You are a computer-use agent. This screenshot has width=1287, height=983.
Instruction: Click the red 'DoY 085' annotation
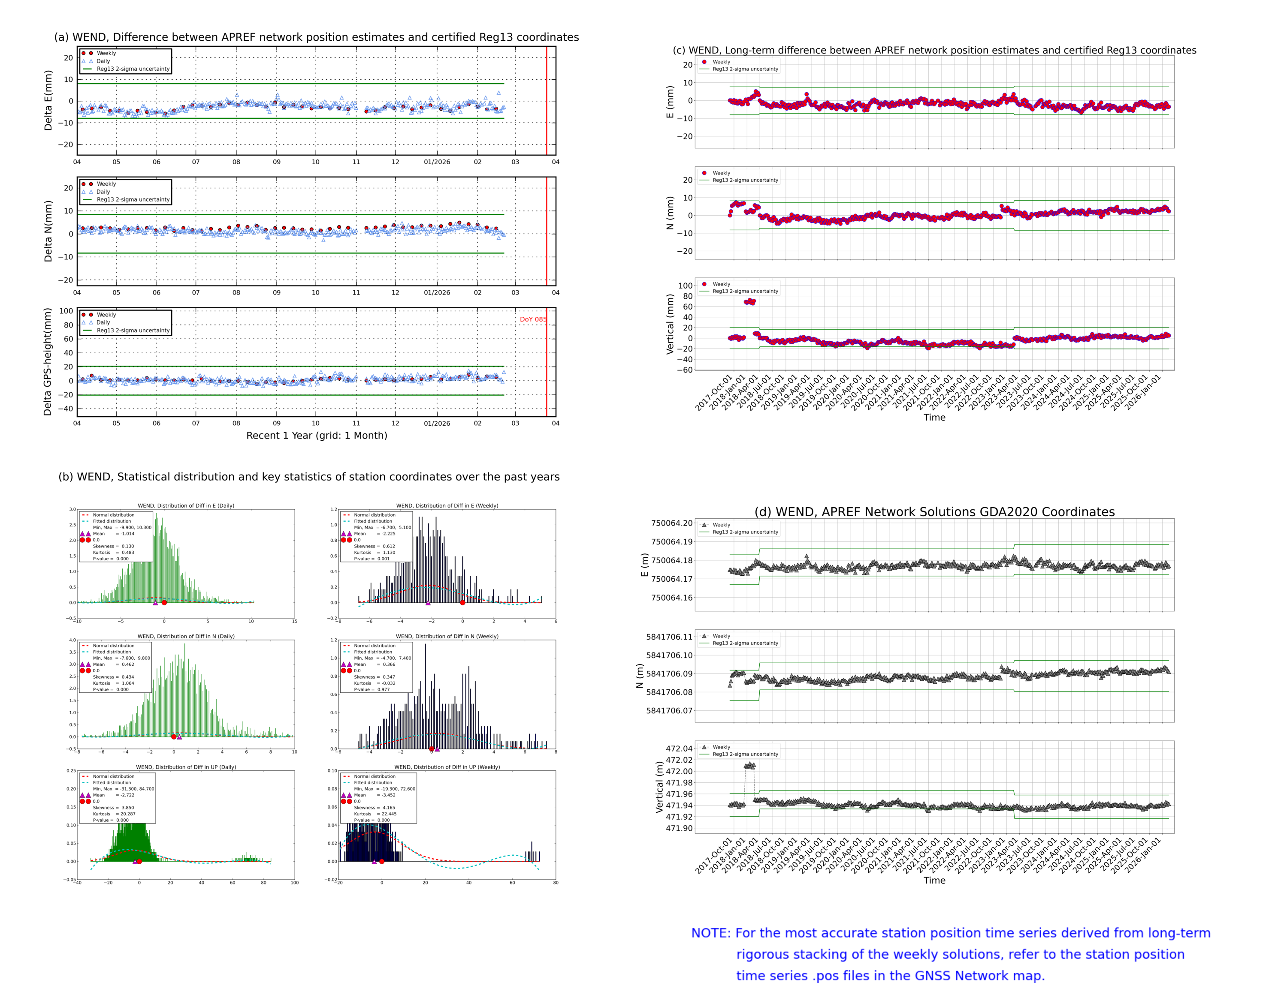click(x=532, y=319)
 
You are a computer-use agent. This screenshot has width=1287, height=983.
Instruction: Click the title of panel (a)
click(x=316, y=37)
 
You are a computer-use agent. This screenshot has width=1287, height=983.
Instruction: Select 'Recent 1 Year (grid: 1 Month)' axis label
click(x=316, y=435)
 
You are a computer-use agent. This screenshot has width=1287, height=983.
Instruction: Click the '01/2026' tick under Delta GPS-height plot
click(x=437, y=423)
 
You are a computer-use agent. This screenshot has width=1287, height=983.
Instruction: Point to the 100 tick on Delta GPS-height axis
click(x=66, y=311)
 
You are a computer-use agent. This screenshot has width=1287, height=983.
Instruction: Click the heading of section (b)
click(x=308, y=477)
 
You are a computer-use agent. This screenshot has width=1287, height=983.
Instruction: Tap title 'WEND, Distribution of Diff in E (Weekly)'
click(x=447, y=505)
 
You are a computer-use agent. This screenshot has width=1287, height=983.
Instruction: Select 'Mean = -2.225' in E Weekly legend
click(x=374, y=534)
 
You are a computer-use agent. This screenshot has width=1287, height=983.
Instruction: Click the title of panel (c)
click(x=934, y=50)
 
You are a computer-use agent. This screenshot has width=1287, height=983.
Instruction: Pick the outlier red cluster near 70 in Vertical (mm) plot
click(x=749, y=302)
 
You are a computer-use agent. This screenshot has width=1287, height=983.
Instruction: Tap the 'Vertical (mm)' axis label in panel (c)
click(x=670, y=324)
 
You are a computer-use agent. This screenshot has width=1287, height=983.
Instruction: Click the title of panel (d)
click(x=934, y=512)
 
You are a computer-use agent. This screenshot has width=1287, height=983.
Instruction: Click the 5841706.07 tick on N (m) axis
click(x=669, y=711)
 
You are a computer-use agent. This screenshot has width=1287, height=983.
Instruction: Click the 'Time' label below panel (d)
click(x=934, y=881)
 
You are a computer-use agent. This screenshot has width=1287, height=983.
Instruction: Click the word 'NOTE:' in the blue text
click(x=710, y=933)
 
